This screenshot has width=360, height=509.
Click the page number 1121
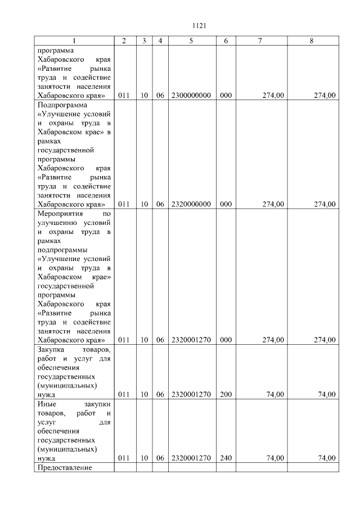click(x=200, y=25)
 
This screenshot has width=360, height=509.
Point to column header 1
click(x=73, y=41)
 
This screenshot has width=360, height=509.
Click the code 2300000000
click(x=191, y=96)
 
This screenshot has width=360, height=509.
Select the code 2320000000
click(x=191, y=204)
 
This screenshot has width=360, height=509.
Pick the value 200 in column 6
click(x=226, y=394)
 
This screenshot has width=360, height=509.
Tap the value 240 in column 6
click(x=226, y=458)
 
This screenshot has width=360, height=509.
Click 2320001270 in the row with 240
click(x=191, y=458)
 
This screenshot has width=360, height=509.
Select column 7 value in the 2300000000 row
click(x=273, y=96)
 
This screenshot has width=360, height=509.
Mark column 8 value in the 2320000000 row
click(x=325, y=204)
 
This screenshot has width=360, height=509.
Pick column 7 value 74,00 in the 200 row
click(x=275, y=394)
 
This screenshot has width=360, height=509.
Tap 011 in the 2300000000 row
click(x=124, y=96)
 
